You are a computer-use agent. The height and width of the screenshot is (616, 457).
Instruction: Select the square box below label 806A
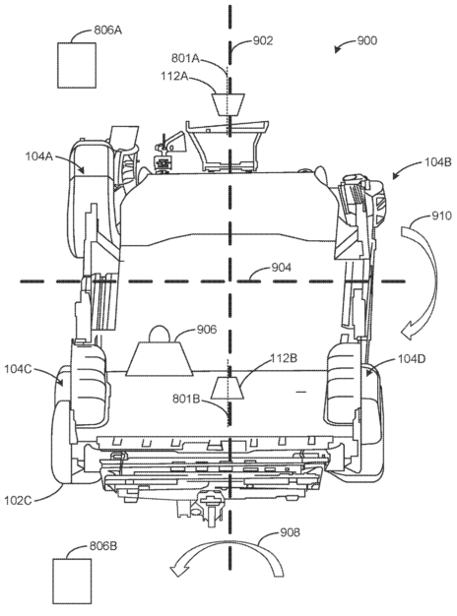coord(79,66)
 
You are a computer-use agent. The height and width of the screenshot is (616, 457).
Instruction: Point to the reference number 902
coord(262,41)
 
